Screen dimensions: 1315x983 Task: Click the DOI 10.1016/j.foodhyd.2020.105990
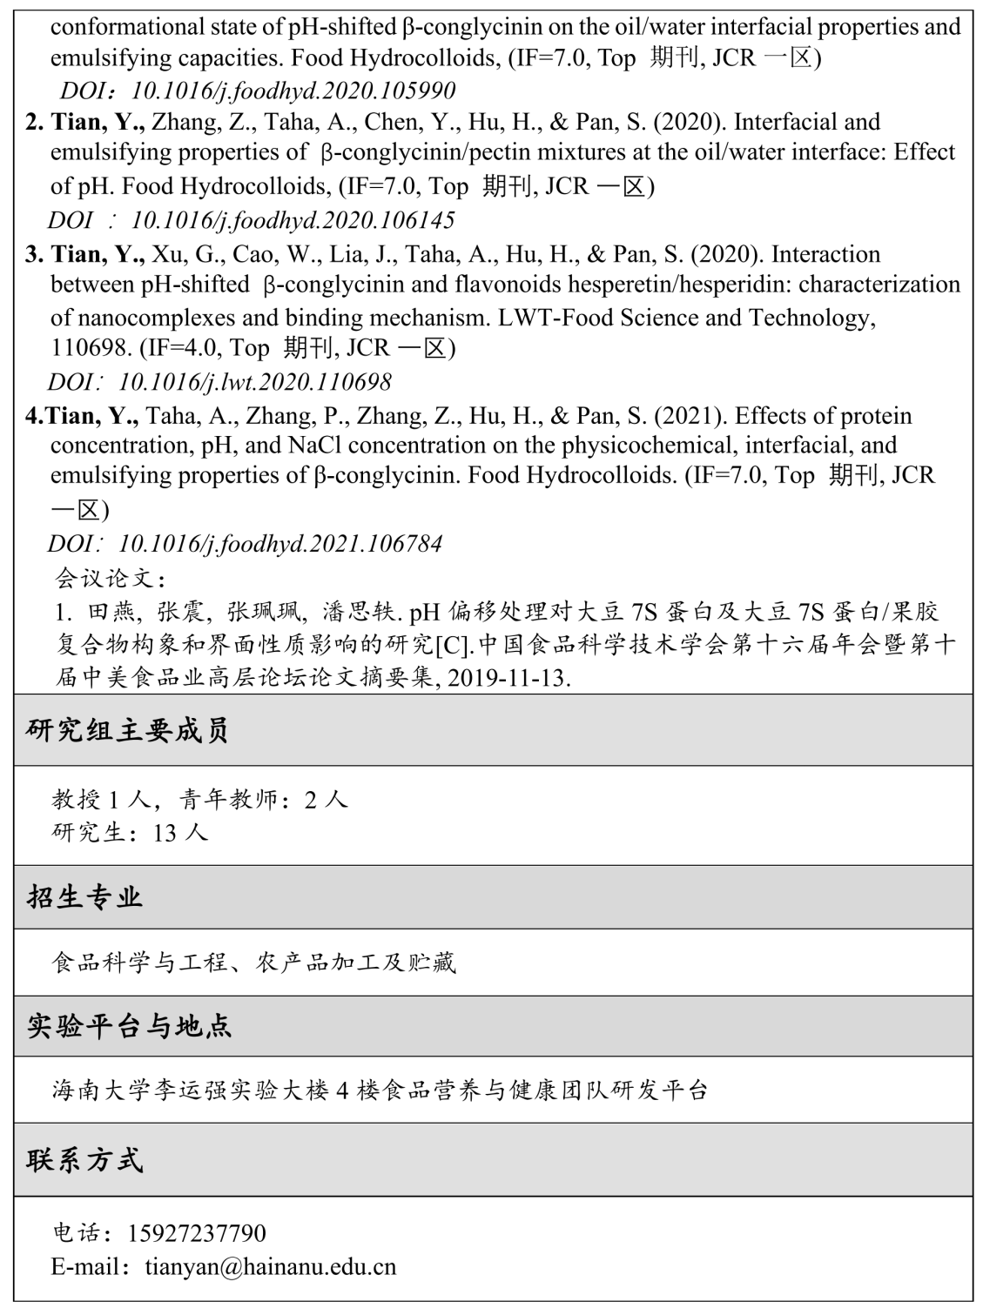(293, 91)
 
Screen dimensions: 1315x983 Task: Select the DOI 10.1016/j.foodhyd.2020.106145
(293, 220)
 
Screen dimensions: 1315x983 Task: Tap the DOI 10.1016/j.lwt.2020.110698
(254, 382)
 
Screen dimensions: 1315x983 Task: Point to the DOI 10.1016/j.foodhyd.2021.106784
(279, 544)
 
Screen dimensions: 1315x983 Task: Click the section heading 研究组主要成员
(127, 730)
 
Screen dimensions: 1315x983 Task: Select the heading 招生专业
(84, 897)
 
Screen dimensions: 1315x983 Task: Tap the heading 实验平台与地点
(129, 1026)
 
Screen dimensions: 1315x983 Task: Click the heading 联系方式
(84, 1160)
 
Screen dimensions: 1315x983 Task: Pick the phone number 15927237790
(197, 1233)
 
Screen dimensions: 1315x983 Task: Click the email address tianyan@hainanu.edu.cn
(270, 1266)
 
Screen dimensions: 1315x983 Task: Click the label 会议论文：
(111, 578)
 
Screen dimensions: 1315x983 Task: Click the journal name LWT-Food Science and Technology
(684, 318)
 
